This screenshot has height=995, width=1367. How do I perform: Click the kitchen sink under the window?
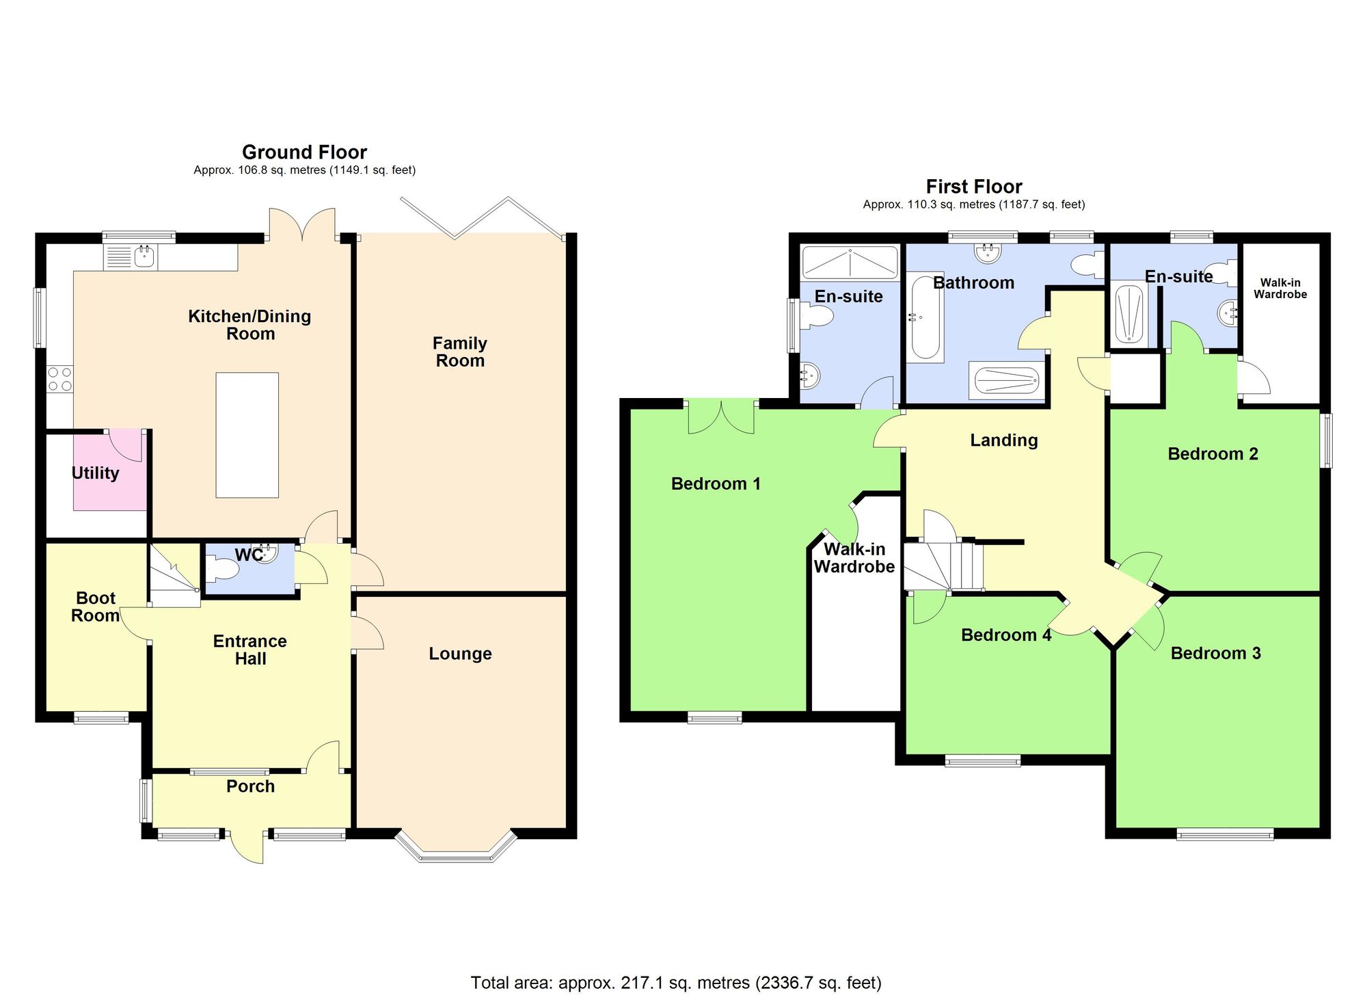pos(144,257)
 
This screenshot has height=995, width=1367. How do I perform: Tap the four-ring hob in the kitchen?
pos(59,380)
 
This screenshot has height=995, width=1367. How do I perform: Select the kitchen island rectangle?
pos(247,435)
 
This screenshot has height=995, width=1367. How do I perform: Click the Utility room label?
pos(96,473)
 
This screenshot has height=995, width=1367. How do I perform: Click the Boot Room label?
pos(96,607)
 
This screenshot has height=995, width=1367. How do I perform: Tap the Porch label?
pos(250,786)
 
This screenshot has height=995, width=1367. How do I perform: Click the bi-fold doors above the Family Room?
pos(483,217)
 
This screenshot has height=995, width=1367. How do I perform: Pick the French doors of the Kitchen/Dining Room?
pos(302,225)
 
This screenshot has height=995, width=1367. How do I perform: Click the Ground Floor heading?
pos(304,152)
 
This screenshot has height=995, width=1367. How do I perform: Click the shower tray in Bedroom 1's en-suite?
pos(849,263)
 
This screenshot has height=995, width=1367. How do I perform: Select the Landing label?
pos(1003,440)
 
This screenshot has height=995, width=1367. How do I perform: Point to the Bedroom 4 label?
pos(1005,635)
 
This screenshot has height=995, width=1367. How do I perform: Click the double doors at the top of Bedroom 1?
pos(721,418)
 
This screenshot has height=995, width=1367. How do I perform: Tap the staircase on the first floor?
pos(943,566)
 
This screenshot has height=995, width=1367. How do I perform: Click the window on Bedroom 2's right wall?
pos(1326,440)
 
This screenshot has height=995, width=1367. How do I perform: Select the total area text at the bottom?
pos(675,983)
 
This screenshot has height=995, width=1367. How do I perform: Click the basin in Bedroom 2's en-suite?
pos(1228,314)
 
